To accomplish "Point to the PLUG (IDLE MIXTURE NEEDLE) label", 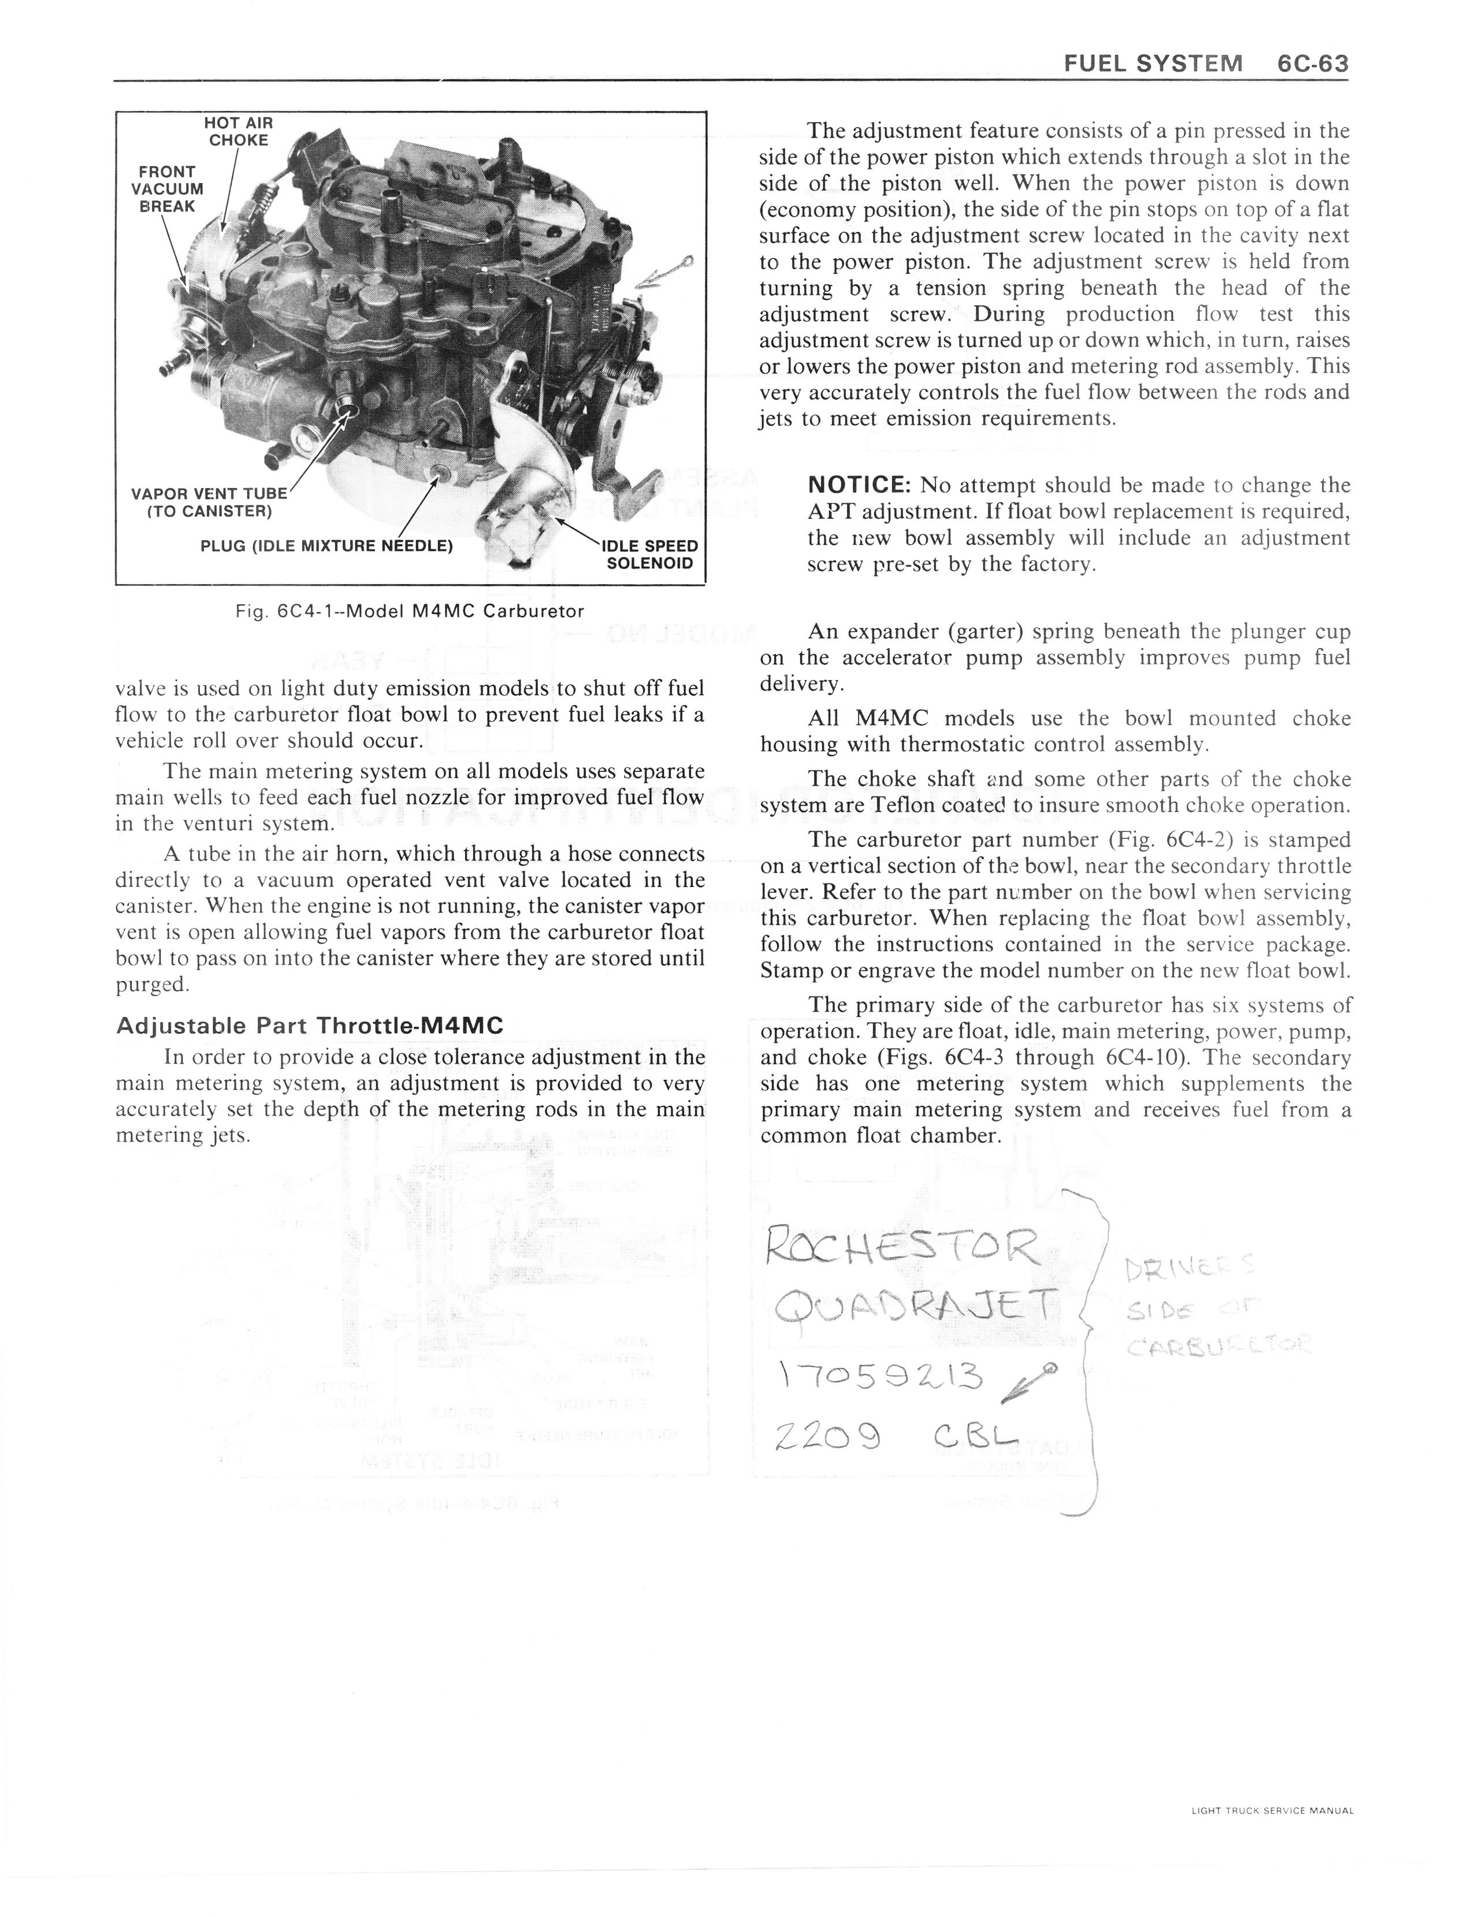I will click(x=326, y=546).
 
